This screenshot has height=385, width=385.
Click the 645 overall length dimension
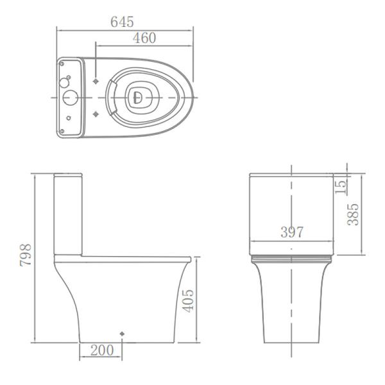tap(122, 22)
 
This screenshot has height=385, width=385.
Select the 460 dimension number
tap(144, 38)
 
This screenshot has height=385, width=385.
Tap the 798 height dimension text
tap(25, 257)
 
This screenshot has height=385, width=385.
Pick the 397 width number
tap(291, 232)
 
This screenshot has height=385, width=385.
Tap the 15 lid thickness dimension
tap(341, 186)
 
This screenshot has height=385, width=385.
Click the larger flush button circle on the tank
tap(69, 98)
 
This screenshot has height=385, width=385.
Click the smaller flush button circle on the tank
tap(65, 83)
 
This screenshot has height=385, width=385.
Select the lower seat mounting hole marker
tap(96, 114)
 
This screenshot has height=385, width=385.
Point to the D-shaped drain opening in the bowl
tap(137, 98)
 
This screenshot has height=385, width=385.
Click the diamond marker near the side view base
tap(122, 334)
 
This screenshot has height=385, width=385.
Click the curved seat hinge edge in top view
tap(111, 98)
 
